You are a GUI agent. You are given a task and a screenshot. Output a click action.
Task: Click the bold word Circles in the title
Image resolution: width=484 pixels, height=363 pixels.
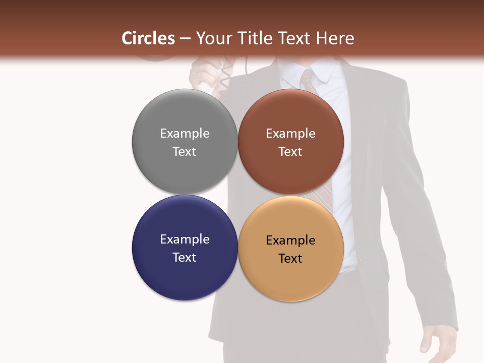tap(148, 38)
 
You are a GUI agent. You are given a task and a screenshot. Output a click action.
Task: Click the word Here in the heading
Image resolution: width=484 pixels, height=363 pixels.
tap(335, 38)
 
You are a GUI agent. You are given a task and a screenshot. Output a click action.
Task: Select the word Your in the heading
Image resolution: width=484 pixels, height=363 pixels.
tap(212, 38)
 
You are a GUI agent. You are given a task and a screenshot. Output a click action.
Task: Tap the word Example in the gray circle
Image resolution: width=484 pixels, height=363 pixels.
tap(185, 133)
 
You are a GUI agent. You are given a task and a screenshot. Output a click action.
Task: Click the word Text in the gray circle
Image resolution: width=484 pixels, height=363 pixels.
tap(185, 151)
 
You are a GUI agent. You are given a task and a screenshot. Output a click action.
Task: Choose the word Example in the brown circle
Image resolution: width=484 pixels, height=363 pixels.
tap(290, 133)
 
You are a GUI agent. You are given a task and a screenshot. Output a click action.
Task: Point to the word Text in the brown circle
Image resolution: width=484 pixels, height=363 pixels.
tap(290, 151)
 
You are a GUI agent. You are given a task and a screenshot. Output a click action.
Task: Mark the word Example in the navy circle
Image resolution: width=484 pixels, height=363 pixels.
tap(185, 239)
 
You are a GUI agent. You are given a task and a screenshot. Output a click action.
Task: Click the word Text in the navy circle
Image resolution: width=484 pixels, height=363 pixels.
tap(185, 257)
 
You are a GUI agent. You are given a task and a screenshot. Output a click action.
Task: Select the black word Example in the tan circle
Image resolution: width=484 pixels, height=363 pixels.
tap(290, 240)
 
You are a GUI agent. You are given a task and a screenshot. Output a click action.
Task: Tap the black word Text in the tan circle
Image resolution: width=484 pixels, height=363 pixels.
tap(290, 258)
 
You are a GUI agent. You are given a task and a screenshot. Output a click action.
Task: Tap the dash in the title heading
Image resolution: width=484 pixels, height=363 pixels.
tap(185, 39)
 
